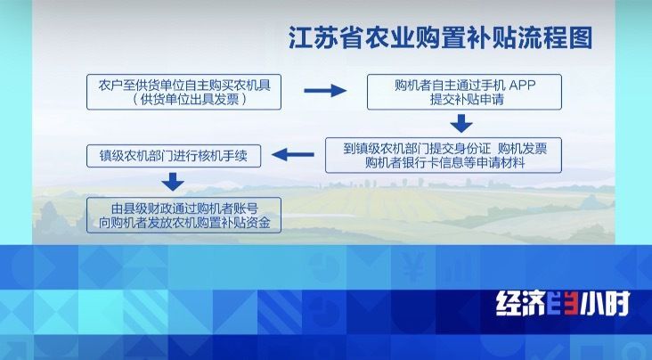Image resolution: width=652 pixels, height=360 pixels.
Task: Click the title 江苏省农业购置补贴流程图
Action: pyautogui.click(x=441, y=38)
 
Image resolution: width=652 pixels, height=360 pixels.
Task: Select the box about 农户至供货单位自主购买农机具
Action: pyautogui.click(x=183, y=92)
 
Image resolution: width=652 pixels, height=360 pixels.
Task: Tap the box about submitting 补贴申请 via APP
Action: pyautogui.click(x=464, y=92)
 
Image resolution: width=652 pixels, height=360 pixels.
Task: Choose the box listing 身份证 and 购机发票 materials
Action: pyautogui.click(x=444, y=155)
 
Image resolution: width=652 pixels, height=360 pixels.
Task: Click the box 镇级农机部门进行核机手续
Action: pyautogui.click(x=174, y=156)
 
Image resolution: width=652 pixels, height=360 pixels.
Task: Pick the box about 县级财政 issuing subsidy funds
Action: pyautogui.click(x=183, y=215)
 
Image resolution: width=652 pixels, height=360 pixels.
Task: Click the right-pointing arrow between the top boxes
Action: pyautogui.click(x=325, y=90)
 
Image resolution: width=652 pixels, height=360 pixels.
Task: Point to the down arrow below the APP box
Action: pyautogui.click(x=461, y=124)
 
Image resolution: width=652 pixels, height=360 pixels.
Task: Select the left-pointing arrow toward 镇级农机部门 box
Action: pyautogui.click(x=293, y=155)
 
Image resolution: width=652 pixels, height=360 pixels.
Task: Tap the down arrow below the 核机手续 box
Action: pyautogui.click(x=173, y=182)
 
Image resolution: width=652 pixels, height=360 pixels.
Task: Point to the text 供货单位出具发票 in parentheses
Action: pyautogui.click(x=190, y=100)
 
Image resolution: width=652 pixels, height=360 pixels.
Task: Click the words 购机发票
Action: pyautogui.click(x=522, y=148)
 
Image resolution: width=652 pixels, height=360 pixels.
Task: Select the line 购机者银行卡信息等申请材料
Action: pyautogui.click(x=445, y=162)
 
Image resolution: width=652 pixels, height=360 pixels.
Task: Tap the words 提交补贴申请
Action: pyautogui.click(x=467, y=100)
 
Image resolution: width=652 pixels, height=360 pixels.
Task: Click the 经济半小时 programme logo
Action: pyautogui.click(x=564, y=303)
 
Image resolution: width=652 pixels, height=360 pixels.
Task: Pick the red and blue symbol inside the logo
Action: pyautogui.click(x=562, y=303)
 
